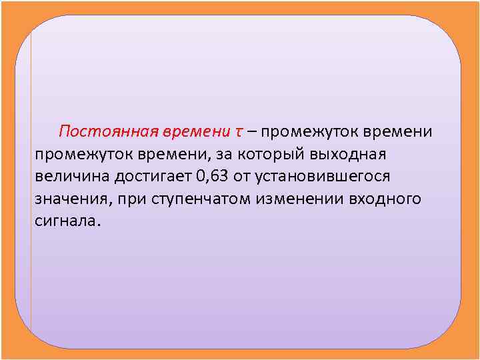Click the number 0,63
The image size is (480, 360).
(x=213, y=177)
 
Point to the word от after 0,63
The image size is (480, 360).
(x=244, y=177)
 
